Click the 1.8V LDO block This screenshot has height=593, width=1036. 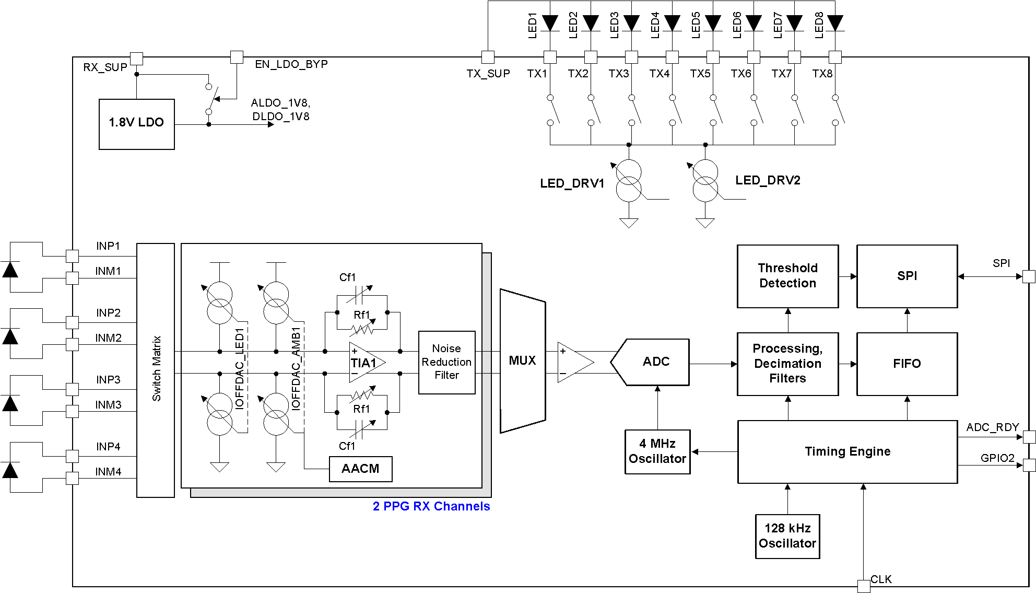(136, 124)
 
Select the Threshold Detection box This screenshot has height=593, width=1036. (787, 276)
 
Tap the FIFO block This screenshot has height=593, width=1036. (907, 364)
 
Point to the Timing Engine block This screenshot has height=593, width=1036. (847, 451)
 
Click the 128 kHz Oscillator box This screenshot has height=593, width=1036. (787, 536)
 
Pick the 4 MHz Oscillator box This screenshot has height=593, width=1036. (657, 451)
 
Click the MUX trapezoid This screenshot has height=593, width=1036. (522, 361)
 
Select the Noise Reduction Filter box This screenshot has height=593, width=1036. (446, 362)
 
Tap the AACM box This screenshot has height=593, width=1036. (360, 469)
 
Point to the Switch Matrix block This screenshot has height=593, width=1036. (156, 369)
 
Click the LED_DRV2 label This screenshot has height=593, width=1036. (768, 180)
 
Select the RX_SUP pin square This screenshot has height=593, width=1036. (136, 58)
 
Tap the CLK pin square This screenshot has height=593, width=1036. (864, 586)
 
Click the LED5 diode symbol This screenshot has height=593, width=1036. (713, 23)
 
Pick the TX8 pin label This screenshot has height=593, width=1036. (822, 74)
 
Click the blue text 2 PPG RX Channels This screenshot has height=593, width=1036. (431, 506)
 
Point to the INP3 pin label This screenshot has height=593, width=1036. (108, 380)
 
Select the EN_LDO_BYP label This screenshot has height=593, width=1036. (291, 64)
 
